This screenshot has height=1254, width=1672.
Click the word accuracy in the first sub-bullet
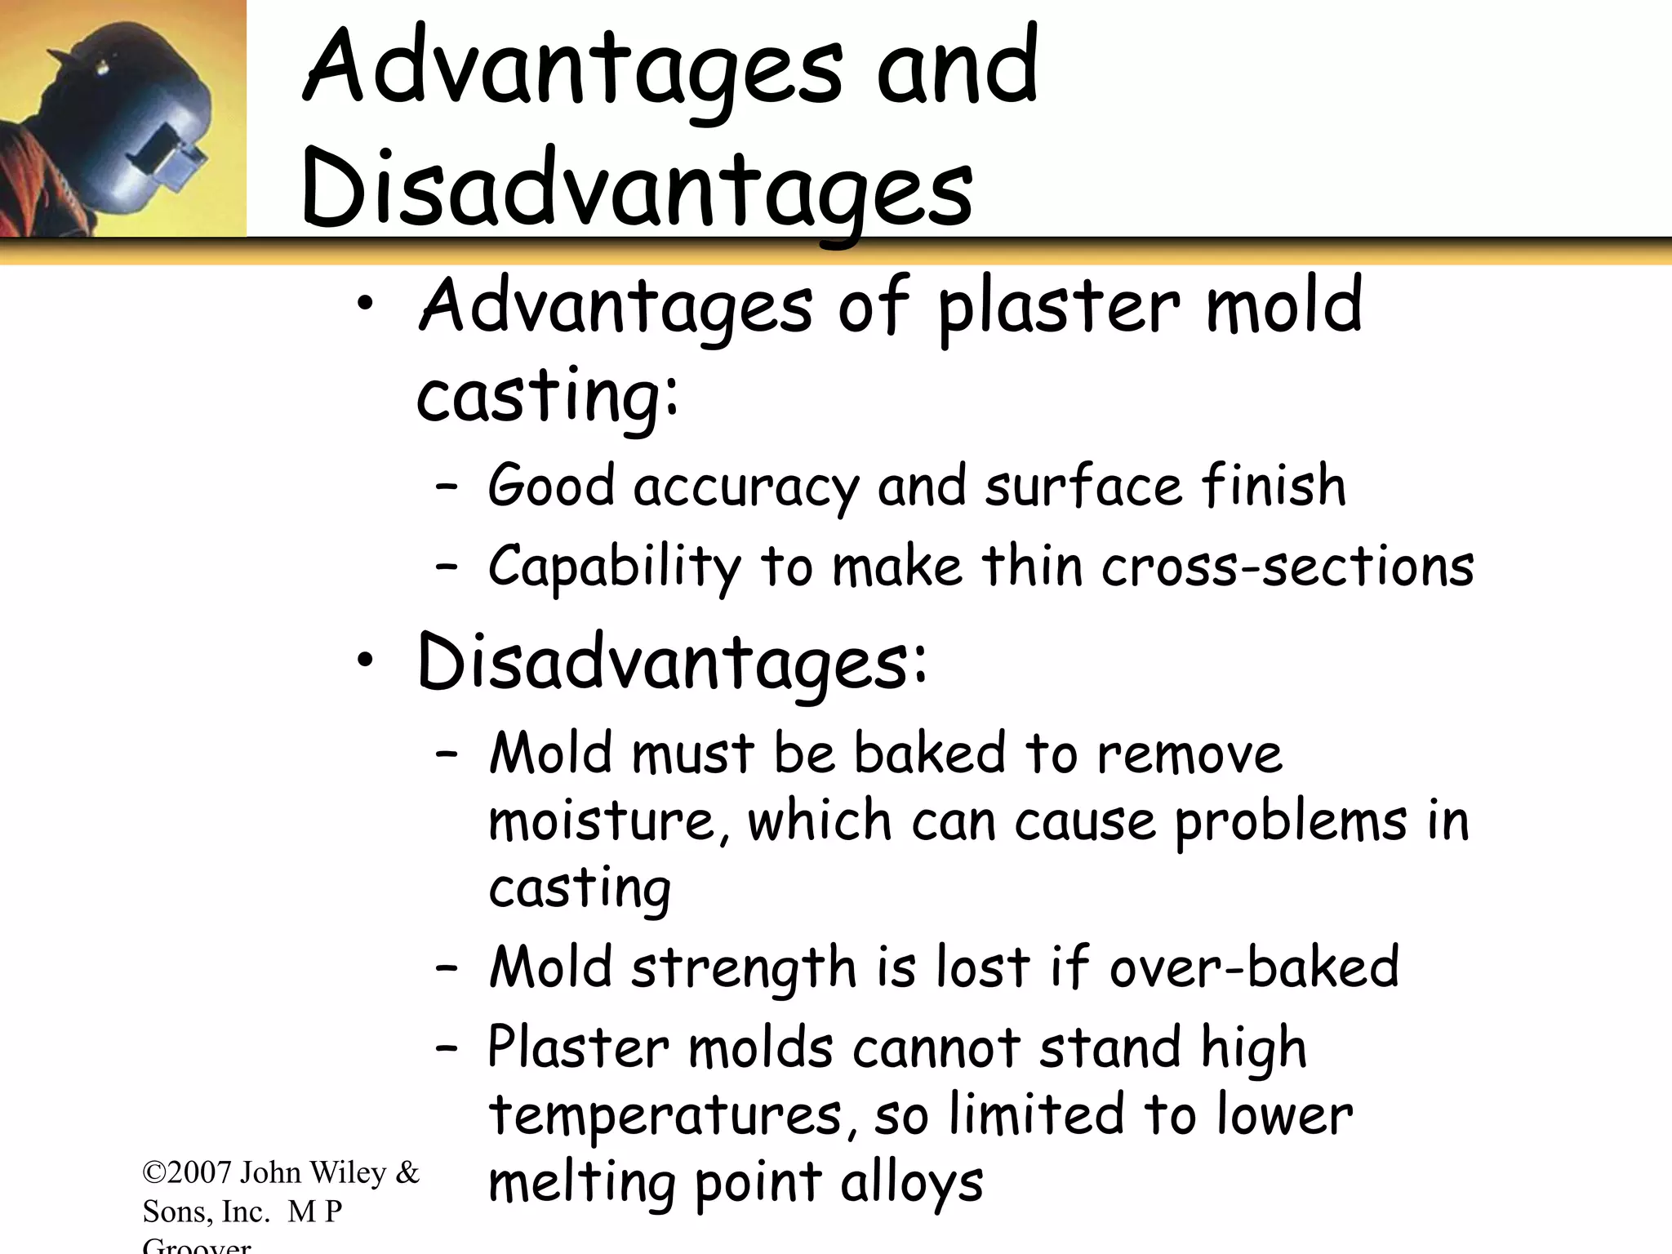[x=746, y=487]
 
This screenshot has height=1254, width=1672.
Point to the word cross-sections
[x=1287, y=567]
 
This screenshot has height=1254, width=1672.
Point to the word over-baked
[x=1254, y=967]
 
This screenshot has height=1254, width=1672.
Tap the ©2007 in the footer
[x=188, y=1173]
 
